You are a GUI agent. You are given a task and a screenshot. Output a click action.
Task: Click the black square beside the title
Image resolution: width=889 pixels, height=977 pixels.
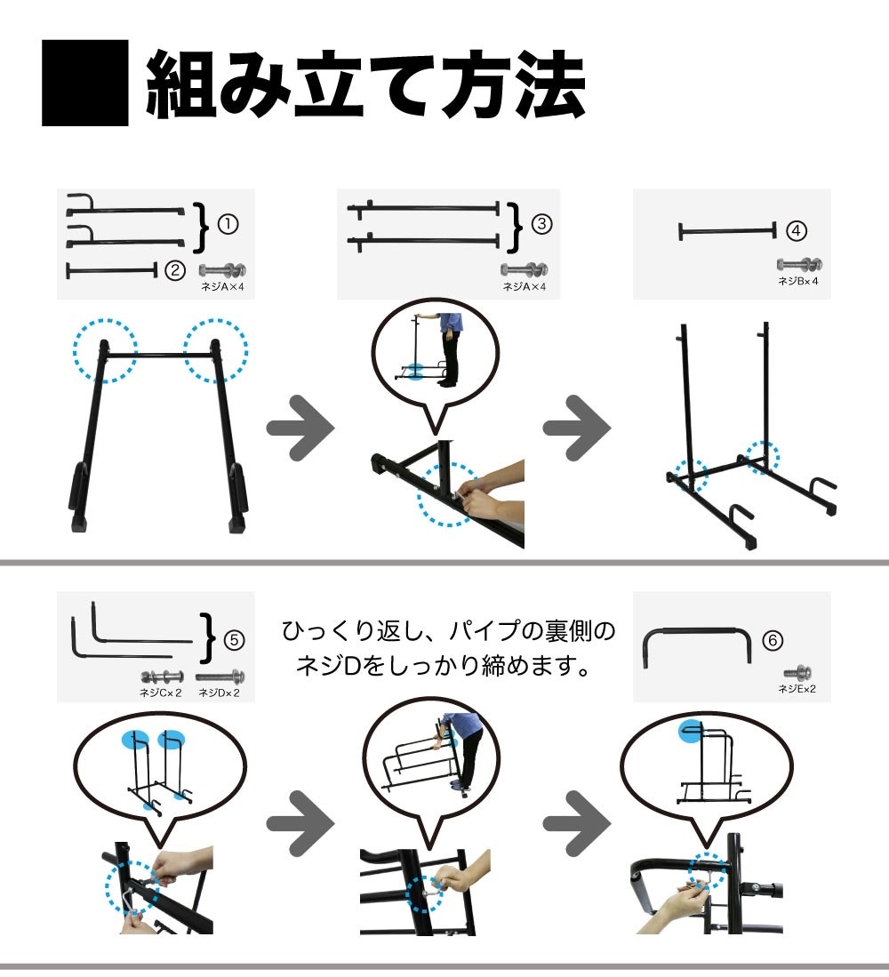click(84, 84)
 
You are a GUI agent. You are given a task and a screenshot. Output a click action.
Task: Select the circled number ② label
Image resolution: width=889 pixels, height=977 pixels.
click(175, 268)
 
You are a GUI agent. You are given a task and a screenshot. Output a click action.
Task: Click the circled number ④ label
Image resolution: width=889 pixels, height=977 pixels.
click(797, 231)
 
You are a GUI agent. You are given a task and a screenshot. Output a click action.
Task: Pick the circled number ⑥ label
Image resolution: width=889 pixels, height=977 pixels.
click(773, 640)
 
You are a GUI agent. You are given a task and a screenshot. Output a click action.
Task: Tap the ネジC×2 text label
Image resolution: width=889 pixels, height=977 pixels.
click(161, 692)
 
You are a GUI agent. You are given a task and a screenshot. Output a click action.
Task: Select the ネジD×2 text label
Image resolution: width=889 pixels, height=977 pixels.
click(219, 692)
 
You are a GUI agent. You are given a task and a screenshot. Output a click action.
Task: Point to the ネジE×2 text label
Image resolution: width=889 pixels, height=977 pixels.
click(797, 688)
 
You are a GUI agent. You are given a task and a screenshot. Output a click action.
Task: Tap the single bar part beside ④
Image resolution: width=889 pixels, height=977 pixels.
click(726, 232)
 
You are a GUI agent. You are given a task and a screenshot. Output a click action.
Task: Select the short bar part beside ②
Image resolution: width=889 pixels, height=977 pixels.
click(111, 269)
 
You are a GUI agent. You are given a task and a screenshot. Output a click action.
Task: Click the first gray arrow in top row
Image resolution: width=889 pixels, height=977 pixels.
click(300, 428)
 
